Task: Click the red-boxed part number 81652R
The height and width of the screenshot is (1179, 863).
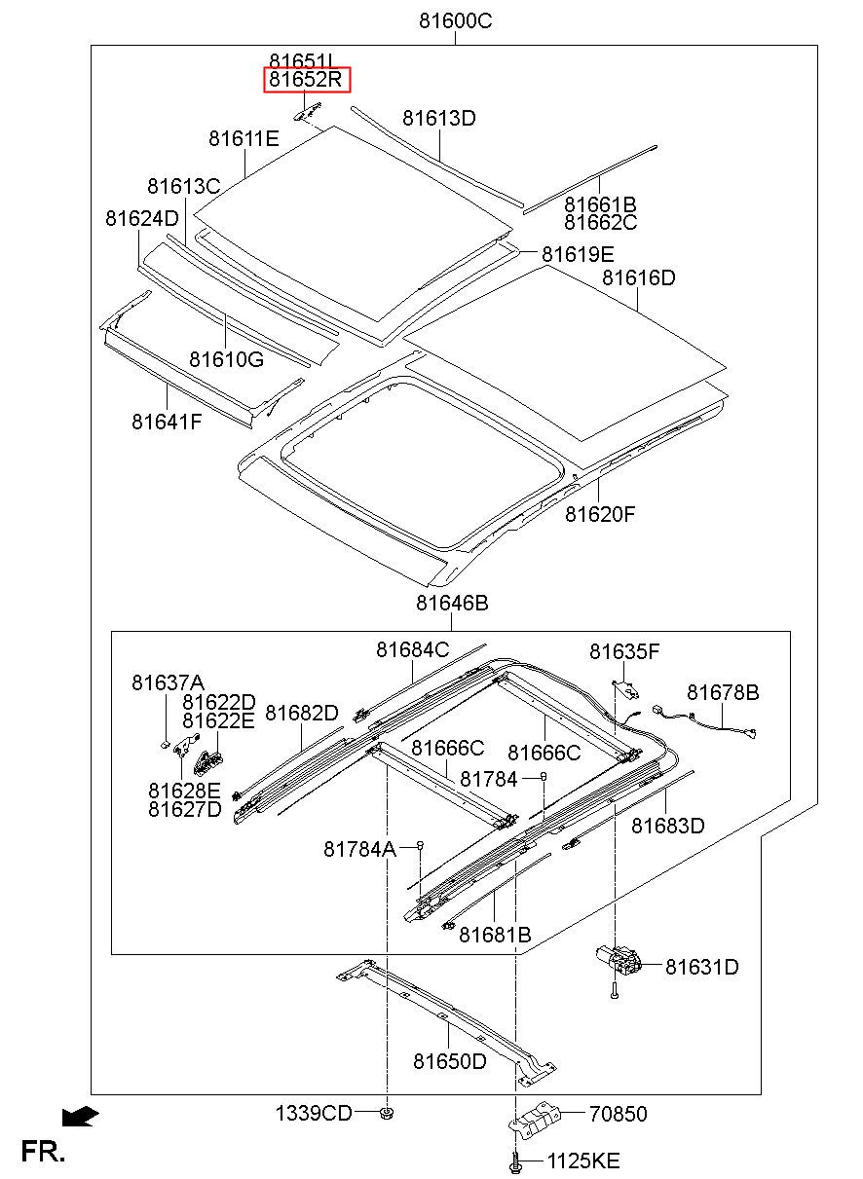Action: click(x=306, y=80)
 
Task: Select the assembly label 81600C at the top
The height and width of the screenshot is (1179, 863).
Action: click(x=456, y=21)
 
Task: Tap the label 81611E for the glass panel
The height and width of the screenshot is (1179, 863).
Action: click(x=244, y=138)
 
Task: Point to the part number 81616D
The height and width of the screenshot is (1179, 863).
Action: click(x=638, y=277)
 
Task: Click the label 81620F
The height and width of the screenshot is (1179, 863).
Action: click(x=600, y=514)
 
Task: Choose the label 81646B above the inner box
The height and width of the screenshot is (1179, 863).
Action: click(x=452, y=603)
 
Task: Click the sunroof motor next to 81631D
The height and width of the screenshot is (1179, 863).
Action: click(x=619, y=960)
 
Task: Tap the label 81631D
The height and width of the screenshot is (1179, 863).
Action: click(x=702, y=967)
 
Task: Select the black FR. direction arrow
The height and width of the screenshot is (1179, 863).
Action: click(x=80, y=1117)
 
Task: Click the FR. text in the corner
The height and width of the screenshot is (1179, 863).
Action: click(x=43, y=1152)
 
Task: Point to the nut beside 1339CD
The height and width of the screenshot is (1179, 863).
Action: click(x=387, y=1113)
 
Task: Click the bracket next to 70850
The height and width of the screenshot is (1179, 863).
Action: click(x=534, y=1119)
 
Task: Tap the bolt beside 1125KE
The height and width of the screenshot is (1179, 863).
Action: click(x=516, y=1161)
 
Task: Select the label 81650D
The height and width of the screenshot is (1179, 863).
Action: click(x=450, y=1061)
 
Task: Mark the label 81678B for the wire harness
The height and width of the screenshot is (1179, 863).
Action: click(x=723, y=692)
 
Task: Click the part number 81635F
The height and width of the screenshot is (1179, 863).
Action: click(x=624, y=651)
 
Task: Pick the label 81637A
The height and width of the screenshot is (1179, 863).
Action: click(x=168, y=682)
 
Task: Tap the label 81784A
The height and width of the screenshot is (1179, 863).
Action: click(x=359, y=849)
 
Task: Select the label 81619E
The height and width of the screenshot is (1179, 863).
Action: click(x=578, y=254)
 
